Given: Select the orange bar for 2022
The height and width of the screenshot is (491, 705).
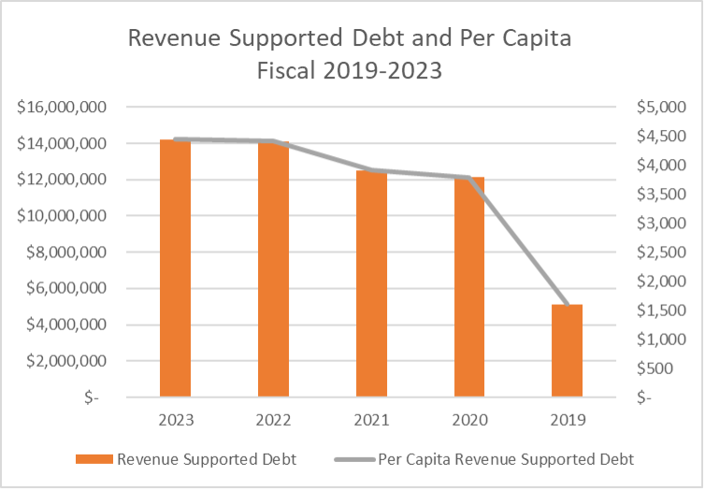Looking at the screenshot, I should pos(273,270).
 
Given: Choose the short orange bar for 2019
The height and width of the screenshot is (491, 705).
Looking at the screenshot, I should pos(568,351).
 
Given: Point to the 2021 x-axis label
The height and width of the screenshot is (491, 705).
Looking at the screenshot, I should pos(371,420).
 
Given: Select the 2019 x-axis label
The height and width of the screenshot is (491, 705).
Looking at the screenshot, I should pos(568,420).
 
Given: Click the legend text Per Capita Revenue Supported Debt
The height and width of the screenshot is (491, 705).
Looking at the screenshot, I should pos(506,459).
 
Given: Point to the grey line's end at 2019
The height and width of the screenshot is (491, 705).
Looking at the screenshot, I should pos(568,306).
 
